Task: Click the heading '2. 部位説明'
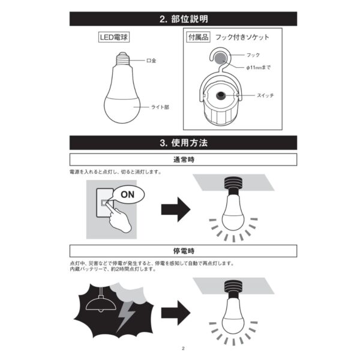point(184,19)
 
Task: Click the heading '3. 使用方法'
point(184,144)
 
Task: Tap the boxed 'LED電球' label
point(114,37)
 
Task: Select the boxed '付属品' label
point(197,37)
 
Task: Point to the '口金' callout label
point(151,61)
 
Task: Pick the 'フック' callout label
point(253,55)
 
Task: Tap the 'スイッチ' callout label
point(265,95)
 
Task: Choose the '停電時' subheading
point(184,249)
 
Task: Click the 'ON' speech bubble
point(128,194)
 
